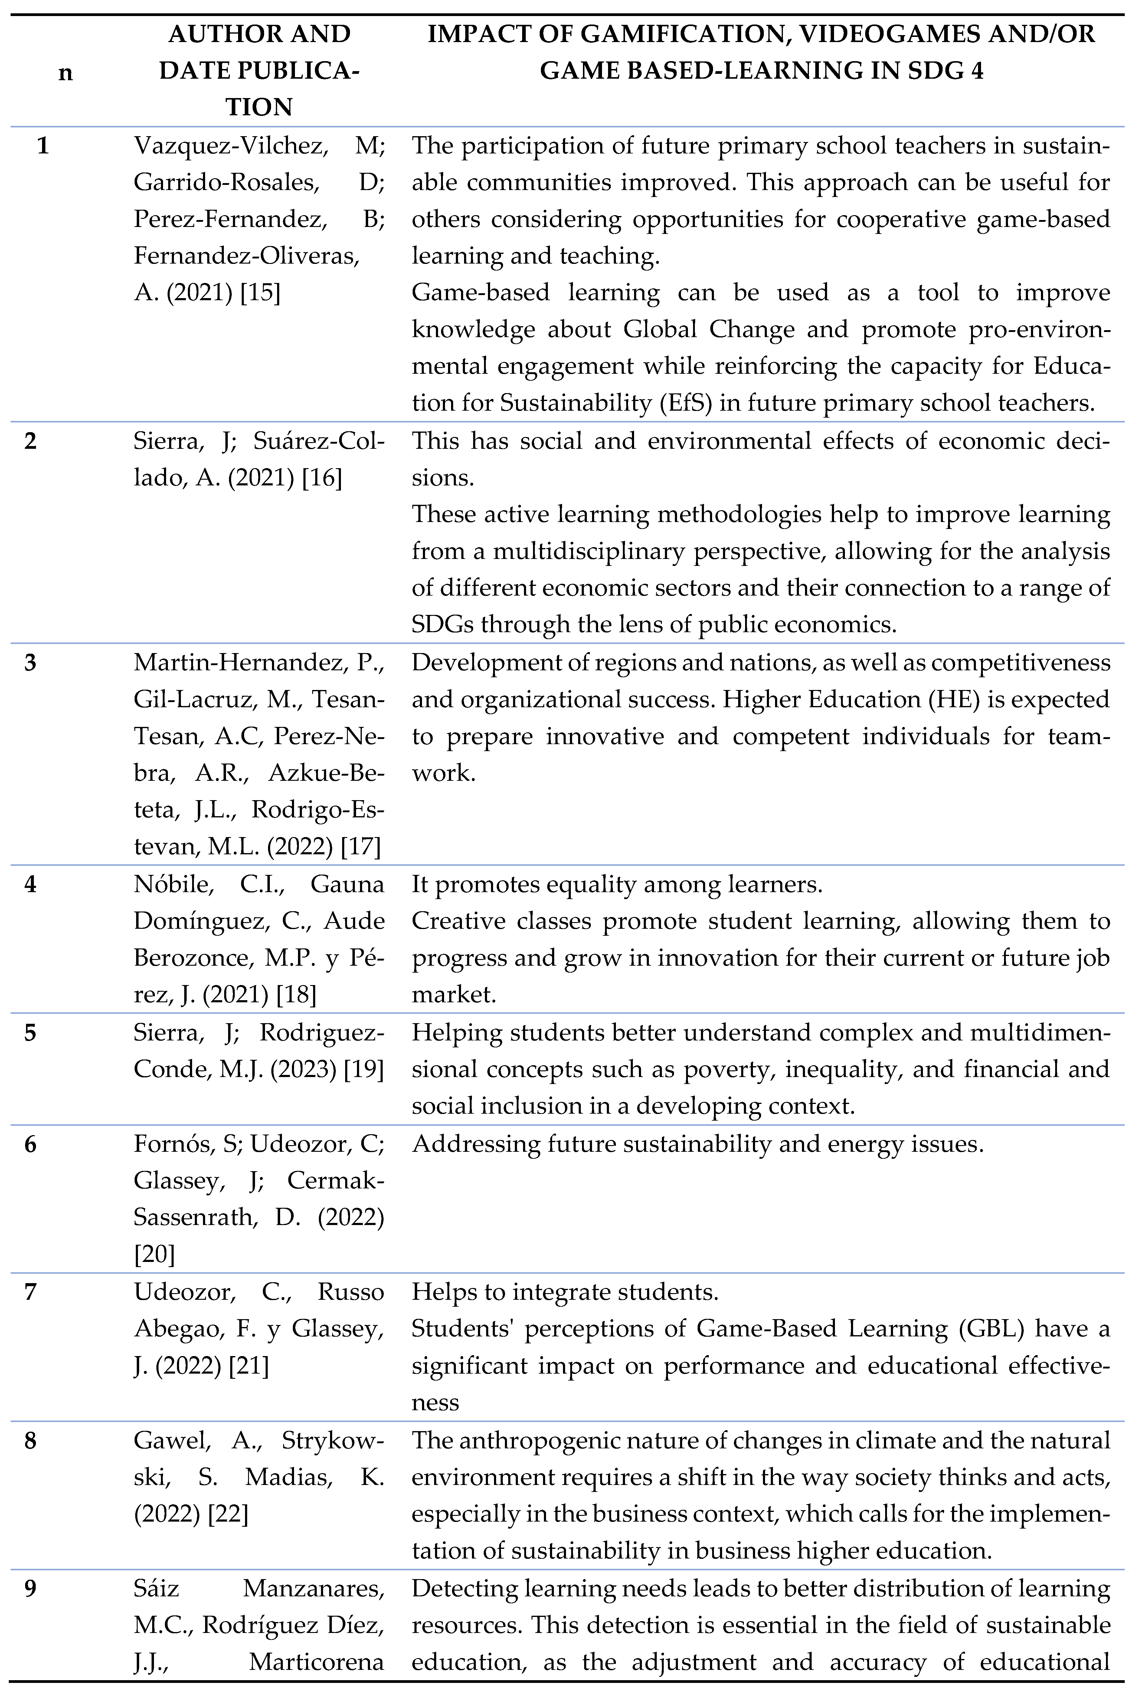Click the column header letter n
click(x=66, y=72)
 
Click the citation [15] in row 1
click(x=260, y=293)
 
